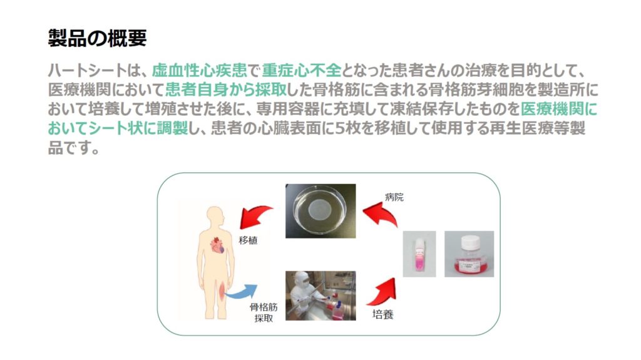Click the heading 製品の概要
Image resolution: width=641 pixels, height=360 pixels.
click(x=97, y=38)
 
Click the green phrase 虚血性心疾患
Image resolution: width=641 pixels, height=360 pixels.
click(x=200, y=71)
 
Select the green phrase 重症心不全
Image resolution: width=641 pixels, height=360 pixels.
click(x=301, y=71)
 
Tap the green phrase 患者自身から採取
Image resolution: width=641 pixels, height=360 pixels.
click(x=226, y=90)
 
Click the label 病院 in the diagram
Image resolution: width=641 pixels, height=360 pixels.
click(x=394, y=197)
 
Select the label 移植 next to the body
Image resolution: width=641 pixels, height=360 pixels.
click(x=248, y=240)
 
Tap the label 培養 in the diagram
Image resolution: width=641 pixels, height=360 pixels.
click(x=383, y=314)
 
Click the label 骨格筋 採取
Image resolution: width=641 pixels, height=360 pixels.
click(x=264, y=312)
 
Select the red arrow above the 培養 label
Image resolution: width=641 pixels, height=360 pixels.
click(x=382, y=292)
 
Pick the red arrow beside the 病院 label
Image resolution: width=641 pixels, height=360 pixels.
click(x=379, y=215)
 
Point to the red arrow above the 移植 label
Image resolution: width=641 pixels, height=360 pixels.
click(x=255, y=216)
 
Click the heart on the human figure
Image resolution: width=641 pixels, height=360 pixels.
click(x=217, y=245)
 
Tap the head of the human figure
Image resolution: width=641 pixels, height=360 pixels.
click(x=215, y=215)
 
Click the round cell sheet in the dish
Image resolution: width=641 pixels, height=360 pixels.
click(x=320, y=210)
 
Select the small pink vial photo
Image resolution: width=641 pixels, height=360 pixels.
click(x=419, y=254)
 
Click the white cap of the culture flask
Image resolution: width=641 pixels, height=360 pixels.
click(x=470, y=242)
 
